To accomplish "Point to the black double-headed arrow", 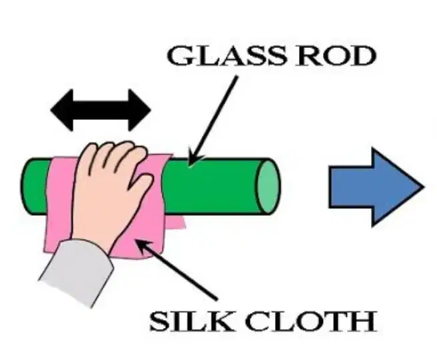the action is pos(101,110).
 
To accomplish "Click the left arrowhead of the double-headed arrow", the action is pos(62,110).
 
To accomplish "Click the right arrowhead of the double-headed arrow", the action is pos(139,110).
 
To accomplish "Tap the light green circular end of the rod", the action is pos(268,187).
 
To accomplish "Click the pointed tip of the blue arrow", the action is pos(424,187).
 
